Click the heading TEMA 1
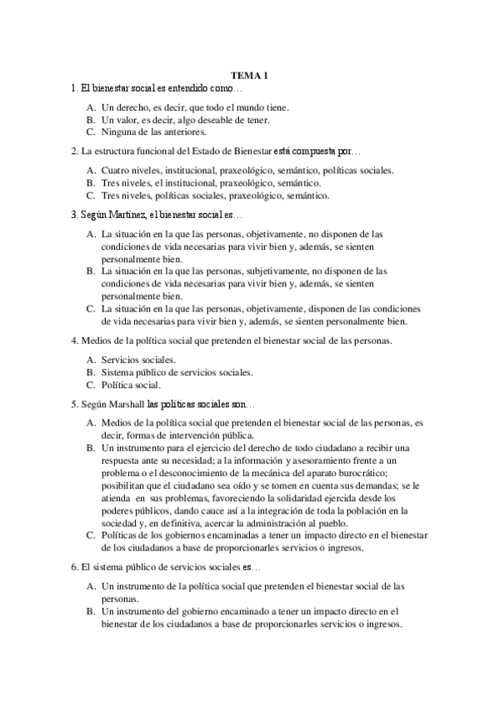(x=249, y=75)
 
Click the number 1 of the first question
(x=75, y=87)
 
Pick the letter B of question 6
(x=90, y=612)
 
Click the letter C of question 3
(x=90, y=308)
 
